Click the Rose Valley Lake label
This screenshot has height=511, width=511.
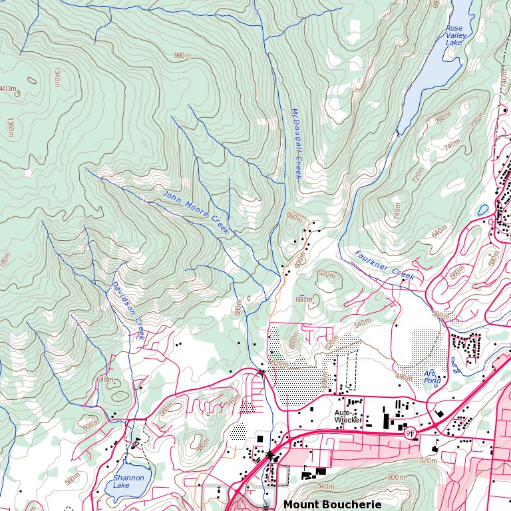click(454, 35)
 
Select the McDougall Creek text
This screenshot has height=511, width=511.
click(297, 144)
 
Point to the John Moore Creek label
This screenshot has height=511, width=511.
click(196, 212)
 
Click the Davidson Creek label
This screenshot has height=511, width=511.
click(127, 310)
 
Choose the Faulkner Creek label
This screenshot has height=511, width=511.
click(384, 264)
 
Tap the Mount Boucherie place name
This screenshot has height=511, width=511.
click(333, 505)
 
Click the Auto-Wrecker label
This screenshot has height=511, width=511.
click(347, 417)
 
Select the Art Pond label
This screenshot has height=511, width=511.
click(432, 377)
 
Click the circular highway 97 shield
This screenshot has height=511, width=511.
click(411, 432)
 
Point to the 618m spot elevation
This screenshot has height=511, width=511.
click(105, 379)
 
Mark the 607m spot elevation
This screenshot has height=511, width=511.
click(304, 299)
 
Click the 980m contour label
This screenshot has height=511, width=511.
click(182, 56)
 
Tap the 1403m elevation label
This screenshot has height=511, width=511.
click(8, 89)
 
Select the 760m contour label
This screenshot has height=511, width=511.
click(442, 120)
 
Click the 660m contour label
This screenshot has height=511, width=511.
click(293, 216)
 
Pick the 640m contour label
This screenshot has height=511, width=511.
click(440, 232)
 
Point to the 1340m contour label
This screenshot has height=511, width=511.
click(57, 77)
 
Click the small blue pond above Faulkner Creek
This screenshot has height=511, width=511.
click(482, 210)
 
